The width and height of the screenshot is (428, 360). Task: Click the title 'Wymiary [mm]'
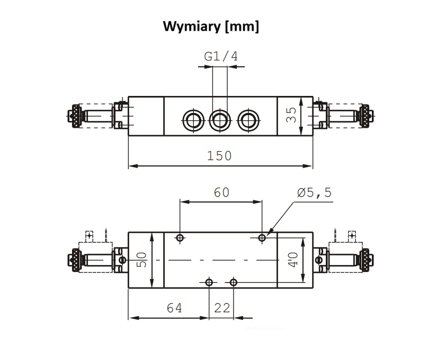(x=211, y=27)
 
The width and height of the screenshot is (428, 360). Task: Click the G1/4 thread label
(x=221, y=56)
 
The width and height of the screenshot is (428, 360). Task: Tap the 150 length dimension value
(x=220, y=156)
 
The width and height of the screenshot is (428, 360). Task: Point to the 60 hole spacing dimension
(x=221, y=192)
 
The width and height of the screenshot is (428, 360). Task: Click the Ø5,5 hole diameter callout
(x=314, y=192)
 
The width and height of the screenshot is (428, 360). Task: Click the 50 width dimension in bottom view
(x=142, y=260)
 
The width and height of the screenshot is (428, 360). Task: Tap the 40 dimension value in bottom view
(x=292, y=260)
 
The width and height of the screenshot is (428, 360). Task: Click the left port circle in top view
(x=192, y=120)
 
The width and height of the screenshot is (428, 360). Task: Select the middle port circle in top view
(x=219, y=120)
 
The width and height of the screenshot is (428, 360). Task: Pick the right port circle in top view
(x=247, y=120)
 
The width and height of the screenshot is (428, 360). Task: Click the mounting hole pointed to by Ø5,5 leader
(x=262, y=238)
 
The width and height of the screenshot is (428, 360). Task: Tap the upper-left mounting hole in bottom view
(x=180, y=238)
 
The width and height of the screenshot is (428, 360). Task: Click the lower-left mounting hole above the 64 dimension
(x=209, y=282)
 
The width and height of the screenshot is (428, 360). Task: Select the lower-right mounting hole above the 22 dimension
(x=234, y=282)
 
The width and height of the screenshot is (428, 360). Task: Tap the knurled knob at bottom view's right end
(x=365, y=260)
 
